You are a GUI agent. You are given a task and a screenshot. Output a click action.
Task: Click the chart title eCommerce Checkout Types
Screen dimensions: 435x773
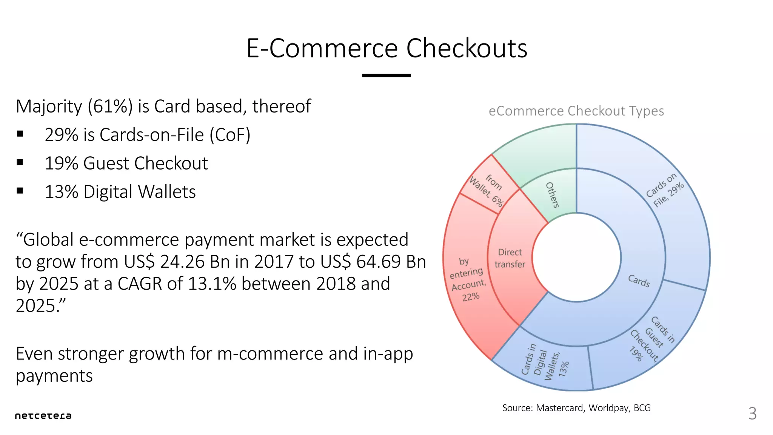click(x=576, y=111)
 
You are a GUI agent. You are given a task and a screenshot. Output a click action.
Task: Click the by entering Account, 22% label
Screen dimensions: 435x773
click(x=467, y=279)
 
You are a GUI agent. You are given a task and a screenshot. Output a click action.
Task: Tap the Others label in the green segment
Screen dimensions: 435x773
click(x=552, y=195)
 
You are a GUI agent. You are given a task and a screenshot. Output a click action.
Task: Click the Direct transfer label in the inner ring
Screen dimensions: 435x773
click(x=510, y=258)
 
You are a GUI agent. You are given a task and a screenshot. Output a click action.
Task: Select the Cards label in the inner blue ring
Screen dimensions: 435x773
click(x=639, y=281)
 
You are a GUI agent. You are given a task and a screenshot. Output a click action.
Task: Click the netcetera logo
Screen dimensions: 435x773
click(x=43, y=416)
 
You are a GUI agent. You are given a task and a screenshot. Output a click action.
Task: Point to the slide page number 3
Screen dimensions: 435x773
click(x=752, y=414)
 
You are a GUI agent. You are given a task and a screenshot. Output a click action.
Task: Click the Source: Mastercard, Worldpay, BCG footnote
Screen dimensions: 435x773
click(x=576, y=408)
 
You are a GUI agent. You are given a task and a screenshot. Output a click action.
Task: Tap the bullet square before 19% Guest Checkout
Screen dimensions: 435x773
click(x=20, y=162)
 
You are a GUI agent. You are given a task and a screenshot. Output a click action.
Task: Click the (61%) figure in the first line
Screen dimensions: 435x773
click(x=110, y=106)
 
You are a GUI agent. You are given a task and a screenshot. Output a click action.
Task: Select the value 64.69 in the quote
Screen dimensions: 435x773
click(x=378, y=262)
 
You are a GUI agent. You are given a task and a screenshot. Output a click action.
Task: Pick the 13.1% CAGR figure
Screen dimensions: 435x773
click(x=212, y=284)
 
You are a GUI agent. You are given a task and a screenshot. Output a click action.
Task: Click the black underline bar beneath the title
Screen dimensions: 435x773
click(x=386, y=76)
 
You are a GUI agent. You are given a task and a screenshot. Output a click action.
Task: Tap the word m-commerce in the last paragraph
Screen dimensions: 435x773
click(x=270, y=354)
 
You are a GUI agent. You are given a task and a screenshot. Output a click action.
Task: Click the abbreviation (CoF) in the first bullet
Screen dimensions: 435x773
click(x=230, y=135)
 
